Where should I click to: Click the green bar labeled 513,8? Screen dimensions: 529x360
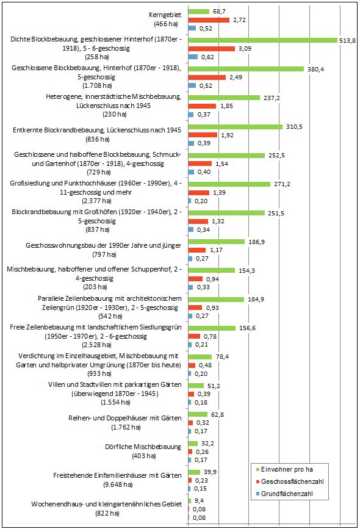262,40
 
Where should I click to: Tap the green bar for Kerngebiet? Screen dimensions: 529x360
198,12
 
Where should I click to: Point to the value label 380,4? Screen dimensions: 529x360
315,69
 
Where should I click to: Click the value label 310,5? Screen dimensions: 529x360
293,126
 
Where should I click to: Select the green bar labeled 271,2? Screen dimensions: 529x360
229,184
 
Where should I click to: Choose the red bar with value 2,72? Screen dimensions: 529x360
209,20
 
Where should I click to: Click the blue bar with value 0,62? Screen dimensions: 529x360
193,57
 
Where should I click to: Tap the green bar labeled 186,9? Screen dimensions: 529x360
216,242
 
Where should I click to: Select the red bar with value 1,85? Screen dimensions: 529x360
201,106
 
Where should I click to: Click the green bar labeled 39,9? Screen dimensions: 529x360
194,472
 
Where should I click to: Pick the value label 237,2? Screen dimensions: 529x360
271,98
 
